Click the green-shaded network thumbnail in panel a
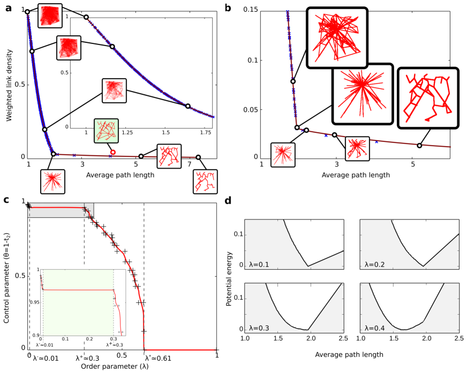tap(106, 131)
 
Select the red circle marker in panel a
tap(112, 152)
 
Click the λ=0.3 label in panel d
tap(259, 328)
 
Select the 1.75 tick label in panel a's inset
tap(204, 132)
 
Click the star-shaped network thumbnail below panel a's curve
tap(53, 181)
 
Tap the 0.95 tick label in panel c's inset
tap(34, 303)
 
